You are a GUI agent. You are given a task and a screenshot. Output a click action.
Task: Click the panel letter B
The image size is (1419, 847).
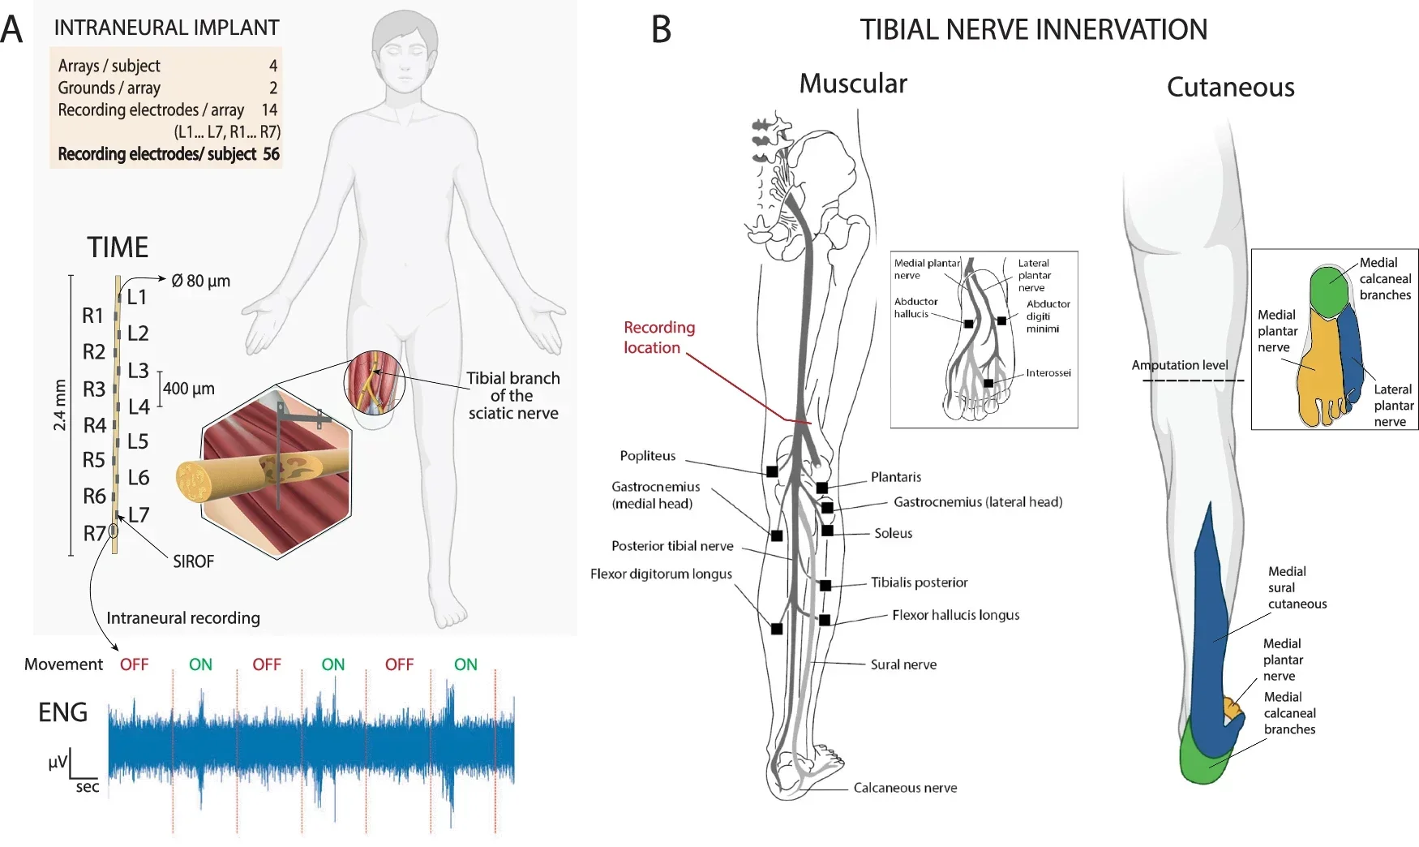(x=661, y=30)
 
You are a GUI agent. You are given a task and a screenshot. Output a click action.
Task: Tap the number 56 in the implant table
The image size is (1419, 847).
(x=271, y=154)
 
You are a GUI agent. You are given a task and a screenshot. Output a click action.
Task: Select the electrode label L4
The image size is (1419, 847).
(x=139, y=406)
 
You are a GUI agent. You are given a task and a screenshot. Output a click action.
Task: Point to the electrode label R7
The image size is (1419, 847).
(x=94, y=533)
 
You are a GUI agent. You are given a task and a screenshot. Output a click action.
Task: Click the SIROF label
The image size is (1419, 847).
(x=193, y=561)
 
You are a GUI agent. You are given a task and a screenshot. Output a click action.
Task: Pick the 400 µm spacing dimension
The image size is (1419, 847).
(x=189, y=389)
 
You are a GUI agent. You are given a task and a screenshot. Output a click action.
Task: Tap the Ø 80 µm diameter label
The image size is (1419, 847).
(x=201, y=281)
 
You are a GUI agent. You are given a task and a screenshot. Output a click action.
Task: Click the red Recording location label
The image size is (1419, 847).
(x=658, y=338)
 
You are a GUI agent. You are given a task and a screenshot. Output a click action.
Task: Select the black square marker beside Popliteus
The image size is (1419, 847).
(x=772, y=471)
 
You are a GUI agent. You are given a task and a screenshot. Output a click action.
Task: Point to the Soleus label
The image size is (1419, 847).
(x=893, y=533)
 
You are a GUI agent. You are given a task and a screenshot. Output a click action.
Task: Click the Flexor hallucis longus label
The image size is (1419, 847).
(x=955, y=615)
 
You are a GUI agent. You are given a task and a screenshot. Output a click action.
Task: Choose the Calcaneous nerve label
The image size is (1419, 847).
(x=905, y=788)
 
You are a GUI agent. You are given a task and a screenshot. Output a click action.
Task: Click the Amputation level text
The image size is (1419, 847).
(x=1179, y=365)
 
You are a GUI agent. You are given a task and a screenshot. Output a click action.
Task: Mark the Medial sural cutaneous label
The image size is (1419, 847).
(x=1297, y=587)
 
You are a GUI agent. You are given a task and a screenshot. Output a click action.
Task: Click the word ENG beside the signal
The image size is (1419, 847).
(x=62, y=712)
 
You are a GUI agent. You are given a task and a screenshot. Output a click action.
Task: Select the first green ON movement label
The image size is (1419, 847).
(x=200, y=664)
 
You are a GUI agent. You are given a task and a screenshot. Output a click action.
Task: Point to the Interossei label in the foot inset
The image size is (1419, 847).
(x=1048, y=373)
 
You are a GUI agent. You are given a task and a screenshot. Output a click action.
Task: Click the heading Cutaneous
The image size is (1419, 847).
(x=1229, y=88)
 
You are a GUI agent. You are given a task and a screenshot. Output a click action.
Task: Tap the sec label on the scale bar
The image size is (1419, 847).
(x=87, y=787)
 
